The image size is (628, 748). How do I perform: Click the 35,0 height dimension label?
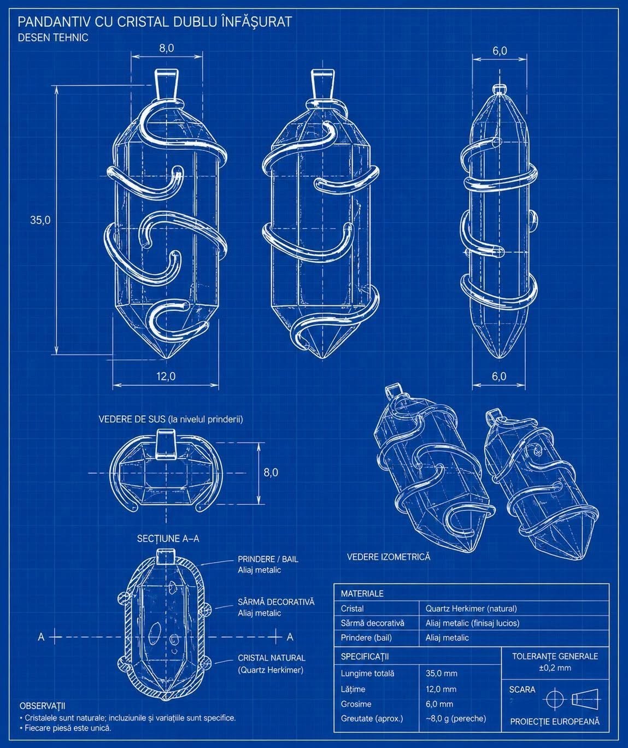pos(40,220)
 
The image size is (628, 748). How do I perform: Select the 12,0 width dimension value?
pos(166,376)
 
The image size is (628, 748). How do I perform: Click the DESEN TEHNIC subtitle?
pos(53,38)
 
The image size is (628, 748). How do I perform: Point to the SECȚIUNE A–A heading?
pos(168,539)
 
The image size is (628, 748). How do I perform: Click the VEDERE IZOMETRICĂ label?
pos(389,557)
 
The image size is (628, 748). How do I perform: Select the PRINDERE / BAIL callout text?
pos(268,559)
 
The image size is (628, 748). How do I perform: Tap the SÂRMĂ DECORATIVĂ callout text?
pos(276,602)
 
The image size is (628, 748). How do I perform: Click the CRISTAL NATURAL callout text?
pos(272,658)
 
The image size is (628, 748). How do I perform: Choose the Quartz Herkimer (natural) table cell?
pos(471,608)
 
